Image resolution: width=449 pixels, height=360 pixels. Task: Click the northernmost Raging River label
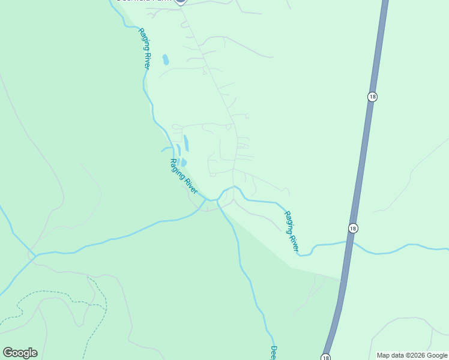coord(144,49)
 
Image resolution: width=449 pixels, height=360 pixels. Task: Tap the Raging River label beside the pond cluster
coord(184,176)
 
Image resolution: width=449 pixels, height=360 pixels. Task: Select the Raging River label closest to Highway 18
coord(291,230)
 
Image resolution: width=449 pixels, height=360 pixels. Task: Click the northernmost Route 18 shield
coord(372,97)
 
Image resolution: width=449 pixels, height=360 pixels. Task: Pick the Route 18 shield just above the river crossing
coord(353,228)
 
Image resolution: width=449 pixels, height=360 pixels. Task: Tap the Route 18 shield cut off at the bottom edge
coord(325,357)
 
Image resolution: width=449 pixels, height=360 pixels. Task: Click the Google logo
coord(20,353)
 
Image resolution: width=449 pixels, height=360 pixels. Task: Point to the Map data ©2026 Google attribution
coord(412,355)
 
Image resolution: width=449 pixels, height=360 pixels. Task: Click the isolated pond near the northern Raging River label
coord(166,59)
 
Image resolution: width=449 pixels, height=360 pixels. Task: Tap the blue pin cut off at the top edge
coord(181,2)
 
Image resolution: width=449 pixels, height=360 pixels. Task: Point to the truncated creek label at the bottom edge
coord(273,353)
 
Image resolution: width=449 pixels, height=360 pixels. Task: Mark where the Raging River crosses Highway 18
coord(350,242)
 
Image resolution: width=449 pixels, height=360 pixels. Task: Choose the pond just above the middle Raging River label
coord(183,162)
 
